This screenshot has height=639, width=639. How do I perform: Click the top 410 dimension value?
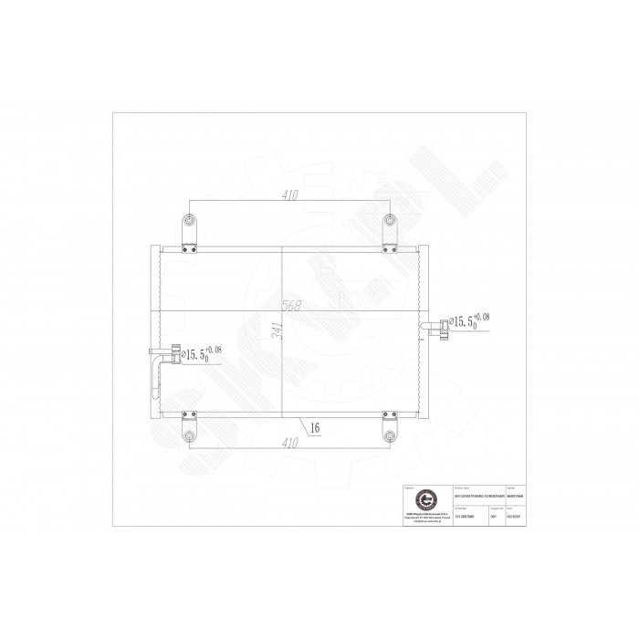(289, 194)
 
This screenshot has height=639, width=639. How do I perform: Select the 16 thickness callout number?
(315, 425)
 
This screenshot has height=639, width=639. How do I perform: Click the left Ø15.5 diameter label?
(200, 352)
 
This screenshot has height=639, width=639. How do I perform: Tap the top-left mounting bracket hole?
(188, 222)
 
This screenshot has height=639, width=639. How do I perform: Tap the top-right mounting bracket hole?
(390, 222)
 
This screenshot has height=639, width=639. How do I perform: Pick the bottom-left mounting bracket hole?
(188, 434)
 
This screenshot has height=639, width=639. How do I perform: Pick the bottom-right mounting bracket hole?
(390, 434)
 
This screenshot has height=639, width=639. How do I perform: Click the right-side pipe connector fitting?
(443, 325)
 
